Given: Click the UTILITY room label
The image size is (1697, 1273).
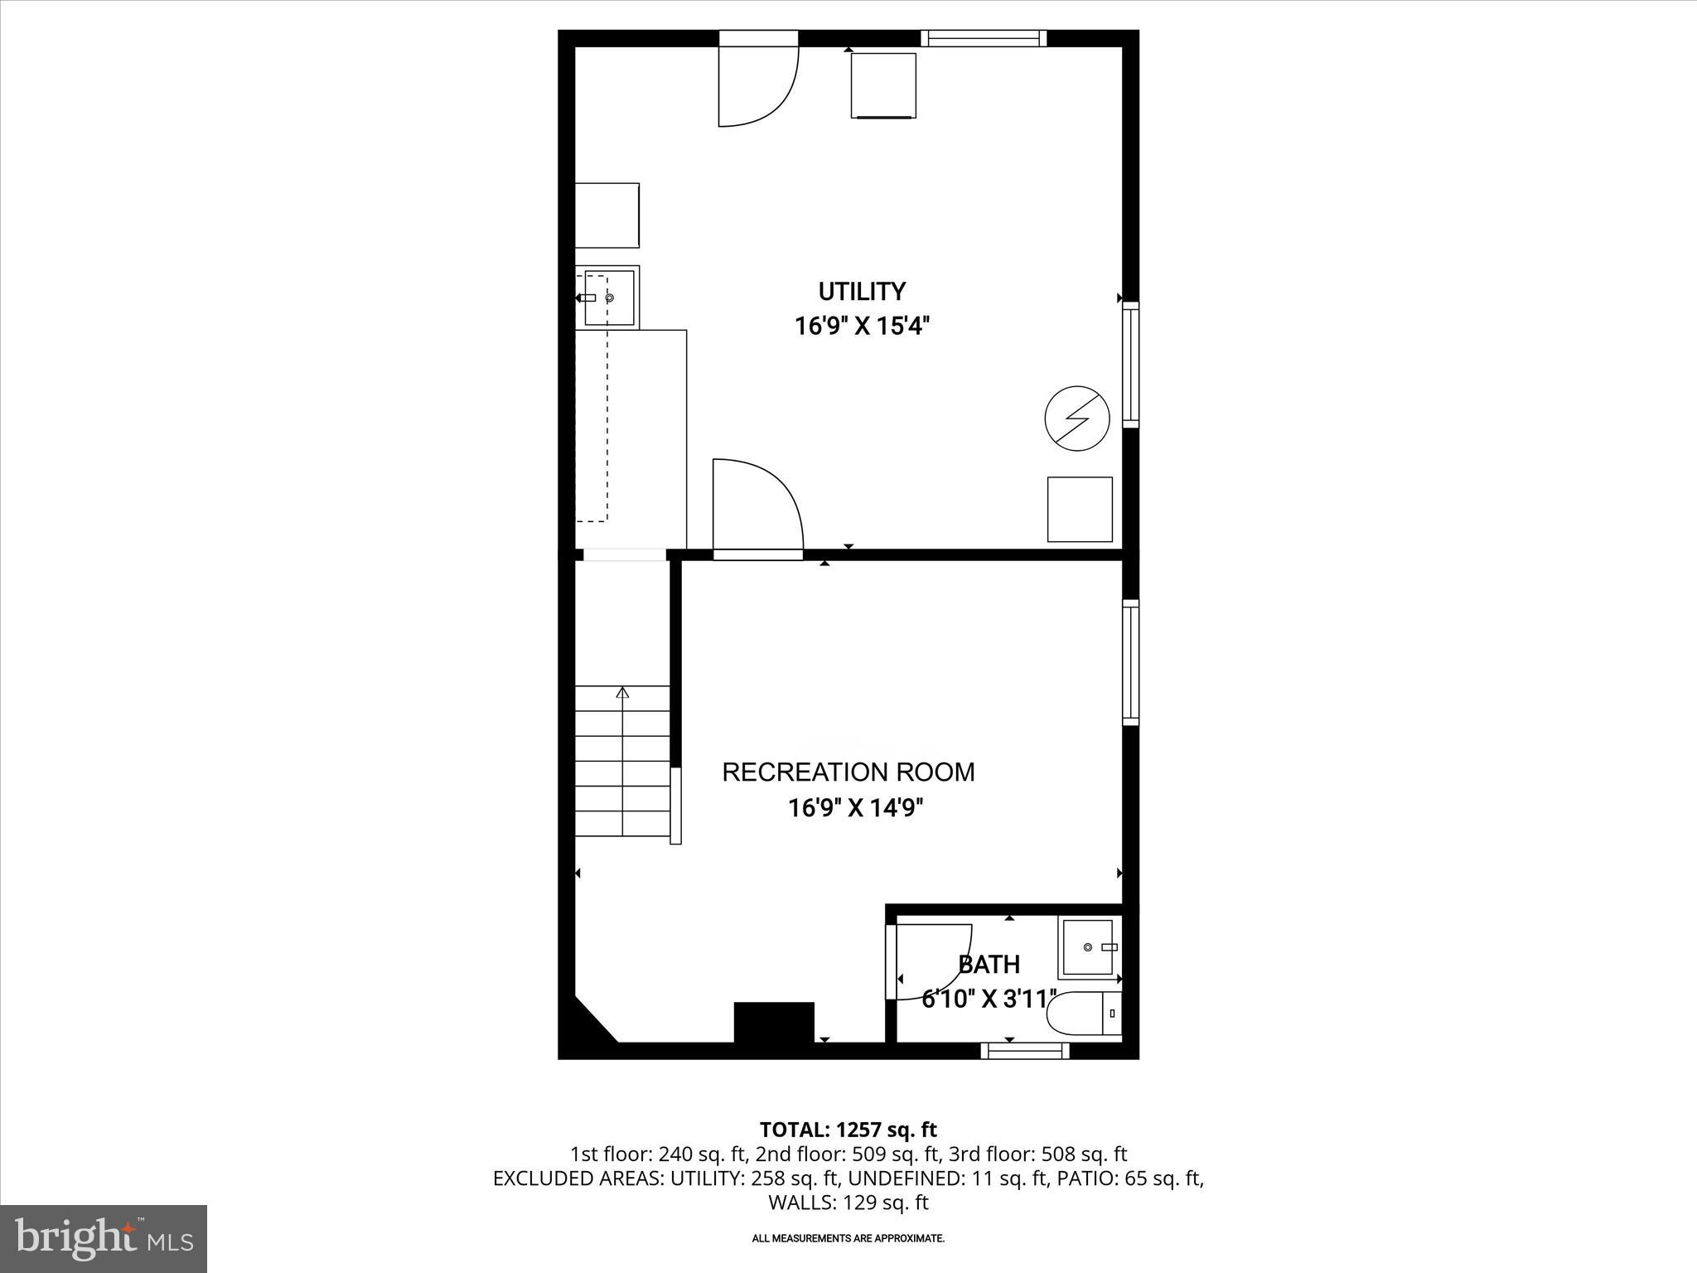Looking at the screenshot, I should [x=862, y=292].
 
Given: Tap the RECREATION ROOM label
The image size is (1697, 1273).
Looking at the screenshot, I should [x=848, y=772].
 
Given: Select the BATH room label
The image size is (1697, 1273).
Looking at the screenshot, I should [x=989, y=965].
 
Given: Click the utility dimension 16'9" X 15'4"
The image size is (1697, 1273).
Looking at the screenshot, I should [x=862, y=327].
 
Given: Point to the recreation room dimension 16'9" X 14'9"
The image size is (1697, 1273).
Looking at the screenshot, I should [x=855, y=808].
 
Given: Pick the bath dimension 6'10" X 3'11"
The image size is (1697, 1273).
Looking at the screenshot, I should [x=989, y=999].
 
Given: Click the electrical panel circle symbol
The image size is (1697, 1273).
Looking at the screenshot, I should [x=1077, y=419].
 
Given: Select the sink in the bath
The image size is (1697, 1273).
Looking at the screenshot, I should [x=1089, y=947].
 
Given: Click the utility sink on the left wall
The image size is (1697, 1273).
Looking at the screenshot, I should [x=610, y=298].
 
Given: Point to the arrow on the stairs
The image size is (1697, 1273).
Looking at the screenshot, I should [x=623, y=693].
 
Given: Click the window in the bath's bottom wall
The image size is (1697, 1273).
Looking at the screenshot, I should [x=1025, y=1051].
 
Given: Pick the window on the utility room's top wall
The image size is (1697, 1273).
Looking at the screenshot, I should [x=984, y=38].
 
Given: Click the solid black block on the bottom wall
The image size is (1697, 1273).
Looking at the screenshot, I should [x=774, y=1022].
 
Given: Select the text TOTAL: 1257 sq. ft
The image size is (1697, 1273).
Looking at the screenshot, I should [x=848, y=1130].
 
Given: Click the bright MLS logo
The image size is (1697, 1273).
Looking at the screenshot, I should [x=104, y=1238].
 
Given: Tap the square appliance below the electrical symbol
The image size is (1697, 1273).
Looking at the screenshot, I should [x=1080, y=510].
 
